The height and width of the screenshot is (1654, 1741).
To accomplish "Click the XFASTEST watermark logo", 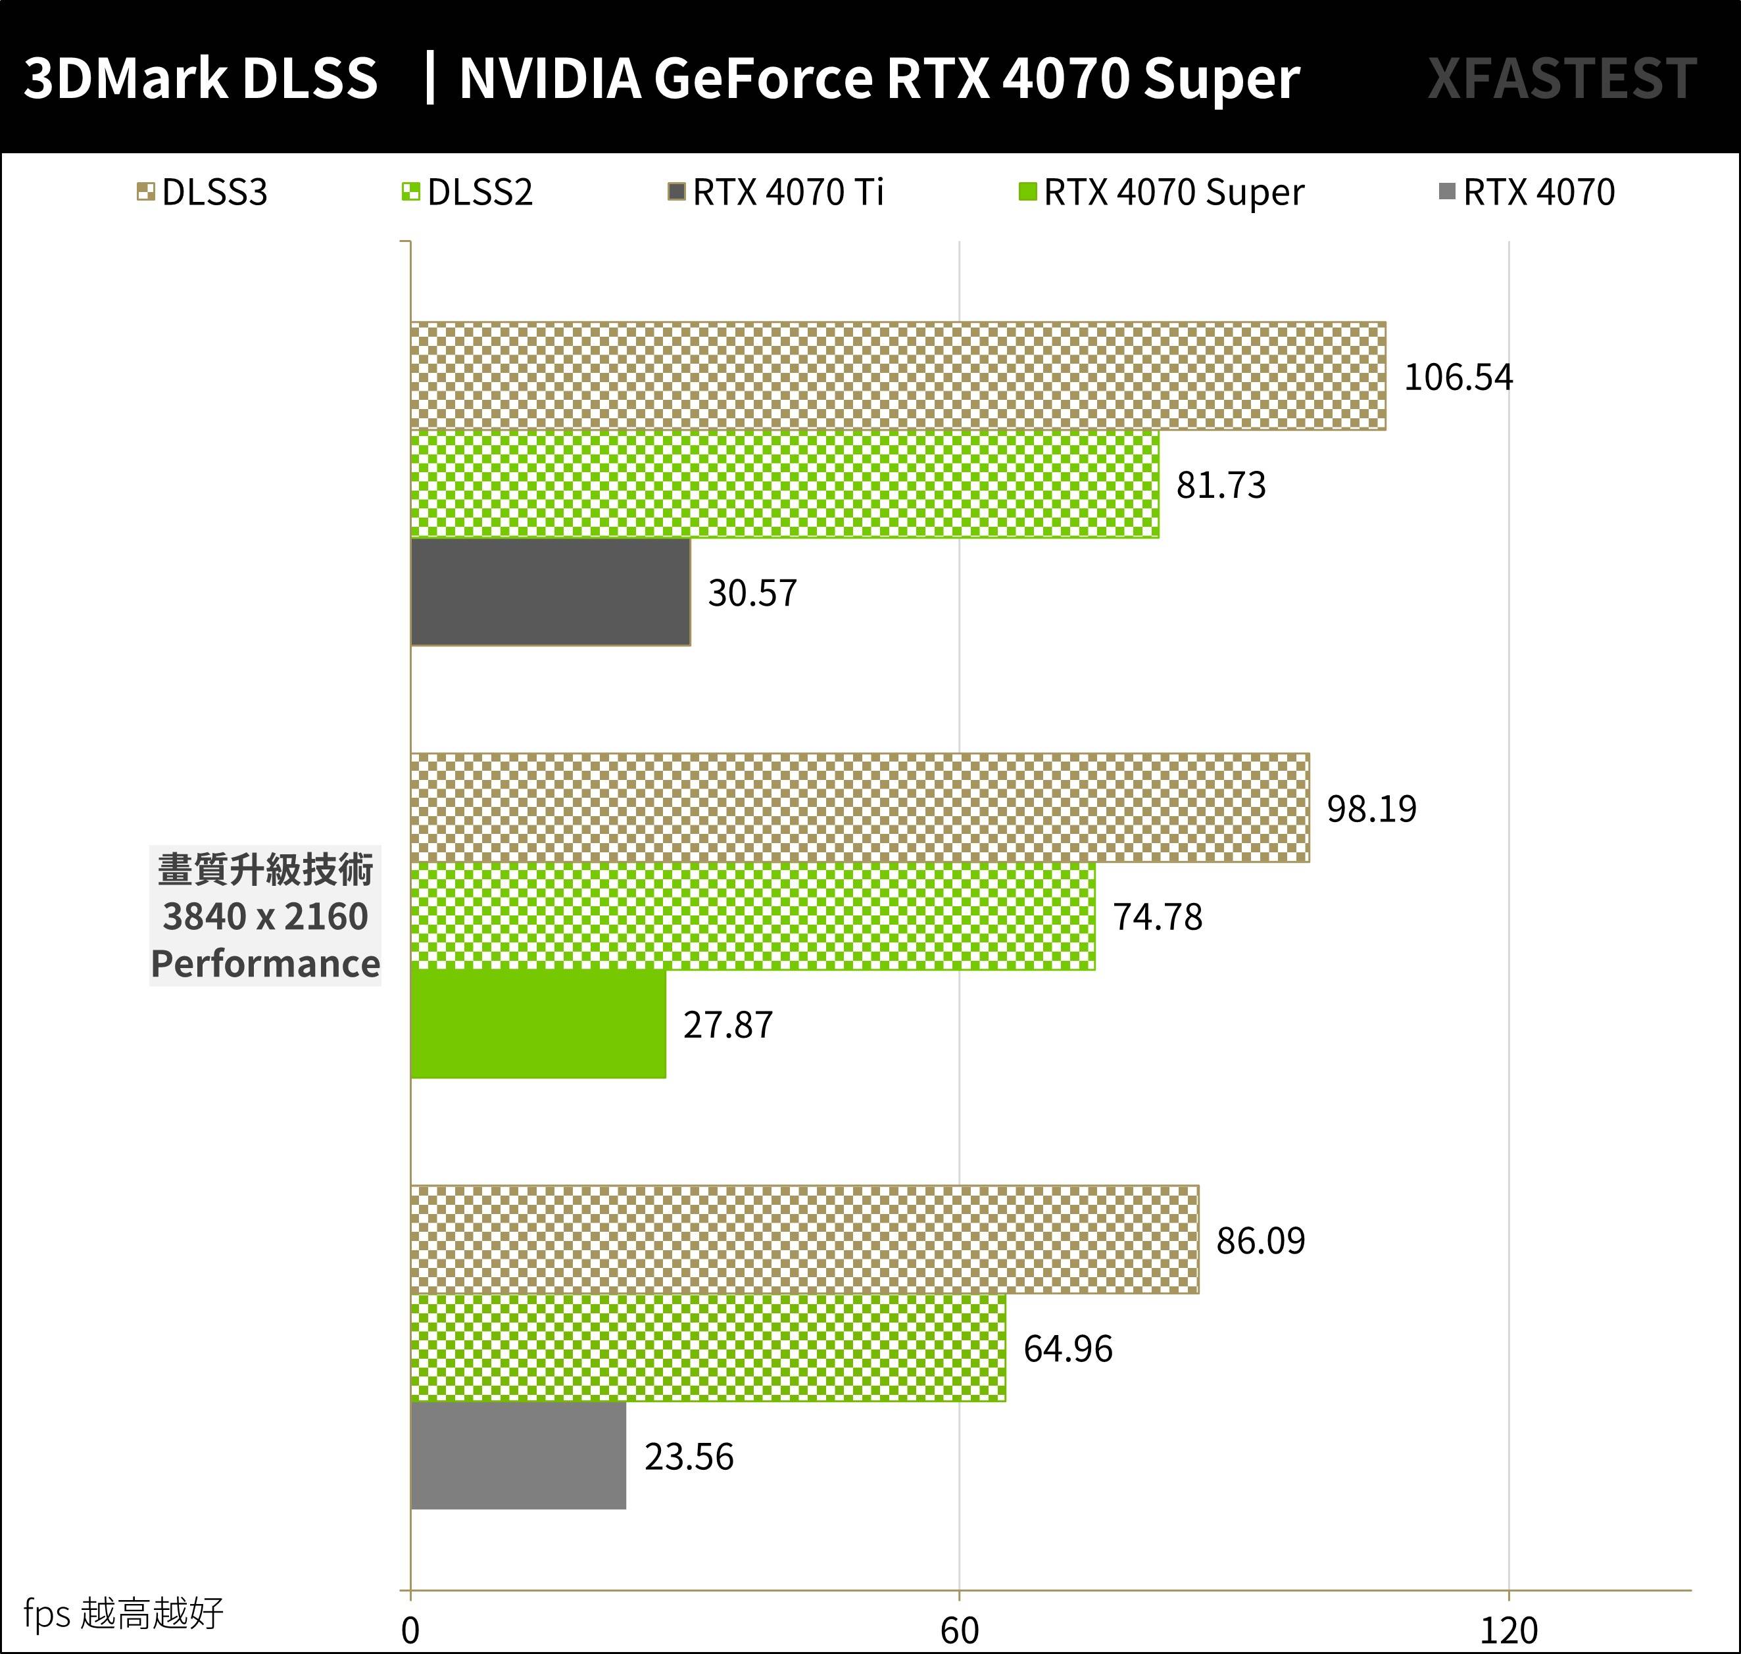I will click(x=1561, y=78).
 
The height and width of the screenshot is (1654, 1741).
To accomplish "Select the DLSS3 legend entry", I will click(x=203, y=192).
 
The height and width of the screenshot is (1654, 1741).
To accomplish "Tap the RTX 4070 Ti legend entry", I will click(x=776, y=192).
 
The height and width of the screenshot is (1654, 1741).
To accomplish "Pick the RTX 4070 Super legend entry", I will click(x=1162, y=192).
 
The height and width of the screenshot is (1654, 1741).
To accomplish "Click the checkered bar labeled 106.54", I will click(x=897, y=376).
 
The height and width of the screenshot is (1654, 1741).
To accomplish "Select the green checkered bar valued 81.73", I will click(x=784, y=484).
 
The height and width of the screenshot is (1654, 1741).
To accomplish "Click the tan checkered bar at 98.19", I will click(x=859, y=808).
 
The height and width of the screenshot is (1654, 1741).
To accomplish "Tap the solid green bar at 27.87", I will click(x=537, y=1023).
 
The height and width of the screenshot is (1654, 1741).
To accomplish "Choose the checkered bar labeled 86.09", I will click(x=804, y=1240).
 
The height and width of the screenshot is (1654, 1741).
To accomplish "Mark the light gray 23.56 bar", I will click(x=518, y=1455).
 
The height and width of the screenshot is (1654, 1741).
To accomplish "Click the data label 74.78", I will click(x=1157, y=917).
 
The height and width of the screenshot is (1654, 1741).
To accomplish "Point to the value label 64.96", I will click(x=1067, y=1348).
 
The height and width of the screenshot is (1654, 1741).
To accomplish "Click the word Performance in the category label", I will click(x=264, y=963).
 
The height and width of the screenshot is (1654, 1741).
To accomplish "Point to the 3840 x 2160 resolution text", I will click(x=264, y=917).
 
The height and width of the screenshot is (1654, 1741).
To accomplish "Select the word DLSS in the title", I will click(x=308, y=78).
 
